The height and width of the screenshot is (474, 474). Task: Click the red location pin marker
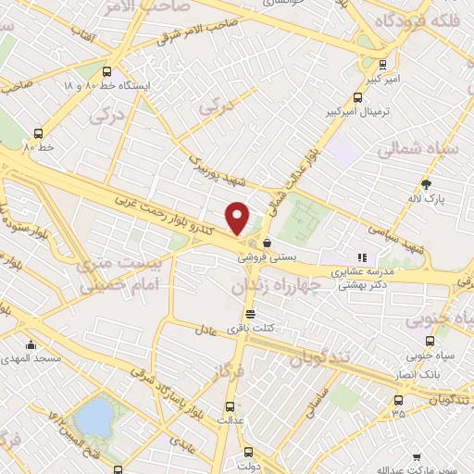pos(238,218)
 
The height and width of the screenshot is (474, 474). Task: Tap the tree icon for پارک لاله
pos(426,184)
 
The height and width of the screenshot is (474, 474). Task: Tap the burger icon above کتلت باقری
pos(248,313)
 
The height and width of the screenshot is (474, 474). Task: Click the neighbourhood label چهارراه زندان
pos(274,287)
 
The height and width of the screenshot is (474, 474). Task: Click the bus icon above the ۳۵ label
pos(398,400)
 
